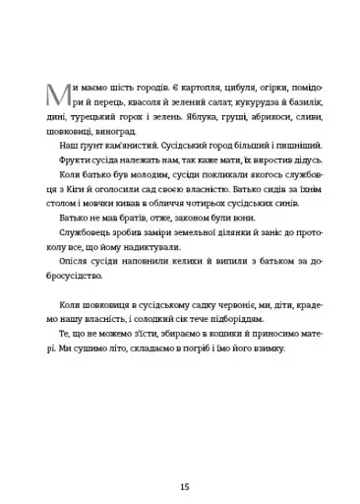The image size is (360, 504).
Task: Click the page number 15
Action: (180, 458)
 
